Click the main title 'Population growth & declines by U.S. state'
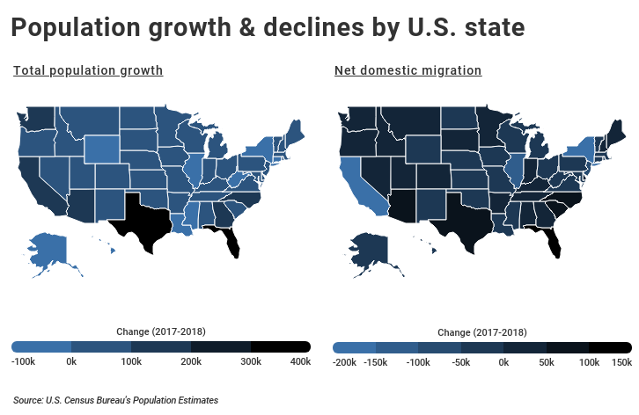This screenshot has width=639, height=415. [268, 29]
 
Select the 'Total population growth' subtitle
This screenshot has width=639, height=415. [87, 70]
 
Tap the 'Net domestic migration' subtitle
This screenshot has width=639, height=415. [408, 70]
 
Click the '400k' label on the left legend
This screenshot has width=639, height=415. [300, 361]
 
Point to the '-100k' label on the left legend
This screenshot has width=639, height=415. [23, 361]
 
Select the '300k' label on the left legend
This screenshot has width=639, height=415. [251, 361]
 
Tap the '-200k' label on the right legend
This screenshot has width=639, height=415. [344, 361]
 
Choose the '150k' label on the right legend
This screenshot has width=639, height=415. [621, 361]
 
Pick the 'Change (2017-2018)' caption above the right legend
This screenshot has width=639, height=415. [481, 332]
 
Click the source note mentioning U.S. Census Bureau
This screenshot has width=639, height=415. [115, 400]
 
